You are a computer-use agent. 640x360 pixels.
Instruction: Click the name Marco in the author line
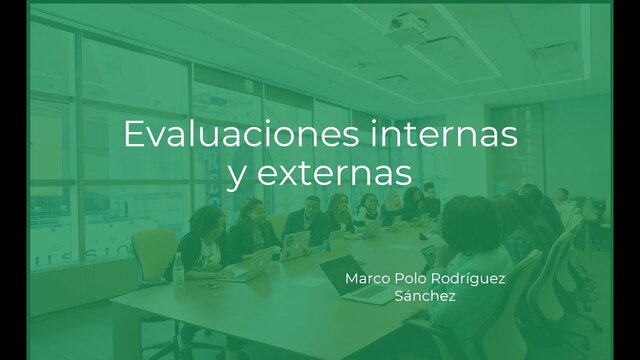(368, 276)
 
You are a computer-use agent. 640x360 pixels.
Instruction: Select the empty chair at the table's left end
(152, 254)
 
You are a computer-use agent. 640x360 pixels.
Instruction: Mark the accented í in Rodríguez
(478, 275)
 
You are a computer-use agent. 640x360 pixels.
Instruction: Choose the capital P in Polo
(403, 276)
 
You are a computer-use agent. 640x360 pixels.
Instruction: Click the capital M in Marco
(351, 276)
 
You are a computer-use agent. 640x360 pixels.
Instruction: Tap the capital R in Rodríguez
(446, 276)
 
